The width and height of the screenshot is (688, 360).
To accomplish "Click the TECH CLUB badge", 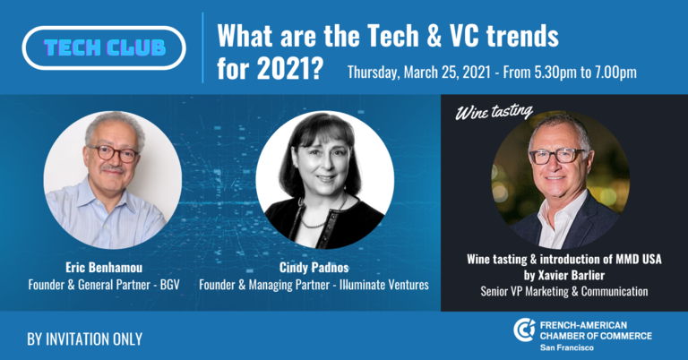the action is [104, 47].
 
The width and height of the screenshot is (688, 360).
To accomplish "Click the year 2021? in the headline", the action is [289, 68].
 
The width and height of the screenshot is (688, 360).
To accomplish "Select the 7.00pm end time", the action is [616, 72].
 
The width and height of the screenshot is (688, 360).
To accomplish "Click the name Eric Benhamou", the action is [104, 267].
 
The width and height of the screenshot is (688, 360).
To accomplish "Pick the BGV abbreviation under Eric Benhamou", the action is [170, 285].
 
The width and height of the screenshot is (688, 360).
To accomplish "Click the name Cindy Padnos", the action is [314, 267].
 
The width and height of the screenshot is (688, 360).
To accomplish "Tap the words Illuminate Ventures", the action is [384, 285].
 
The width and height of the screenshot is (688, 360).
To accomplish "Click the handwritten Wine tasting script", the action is [494, 112].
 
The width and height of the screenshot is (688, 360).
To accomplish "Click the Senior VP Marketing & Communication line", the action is [564, 291].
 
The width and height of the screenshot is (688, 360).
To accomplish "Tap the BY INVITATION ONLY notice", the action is [85, 339].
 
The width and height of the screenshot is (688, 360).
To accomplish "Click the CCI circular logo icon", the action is [524, 330].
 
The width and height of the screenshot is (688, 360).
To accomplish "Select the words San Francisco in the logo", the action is [566, 347].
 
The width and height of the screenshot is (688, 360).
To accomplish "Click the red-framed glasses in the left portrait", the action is [113, 153].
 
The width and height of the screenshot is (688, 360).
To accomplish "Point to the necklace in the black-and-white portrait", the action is [321, 212].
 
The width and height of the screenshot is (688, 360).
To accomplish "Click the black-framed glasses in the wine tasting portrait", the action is [557, 155].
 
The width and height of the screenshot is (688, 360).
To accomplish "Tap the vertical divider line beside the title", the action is [202, 47].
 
